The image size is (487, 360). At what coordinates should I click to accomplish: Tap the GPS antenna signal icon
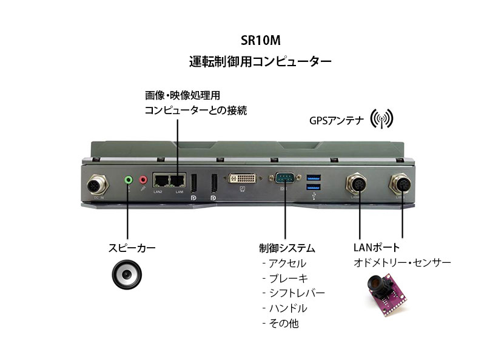click(382, 119)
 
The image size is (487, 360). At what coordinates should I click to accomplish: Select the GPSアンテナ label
click(336, 120)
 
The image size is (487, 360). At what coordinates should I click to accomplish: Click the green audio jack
click(128, 180)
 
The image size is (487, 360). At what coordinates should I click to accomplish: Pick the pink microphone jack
click(143, 180)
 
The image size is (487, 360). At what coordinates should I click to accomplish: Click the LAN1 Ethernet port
click(178, 180)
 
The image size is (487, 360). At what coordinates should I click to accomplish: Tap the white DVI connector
click(242, 180)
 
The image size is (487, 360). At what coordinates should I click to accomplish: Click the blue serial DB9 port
click(284, 179)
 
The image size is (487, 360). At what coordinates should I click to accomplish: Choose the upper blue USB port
click(313, 177)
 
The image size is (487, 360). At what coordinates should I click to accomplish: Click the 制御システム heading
click(287, 248)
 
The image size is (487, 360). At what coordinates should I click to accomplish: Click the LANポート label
click(376, 248)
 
